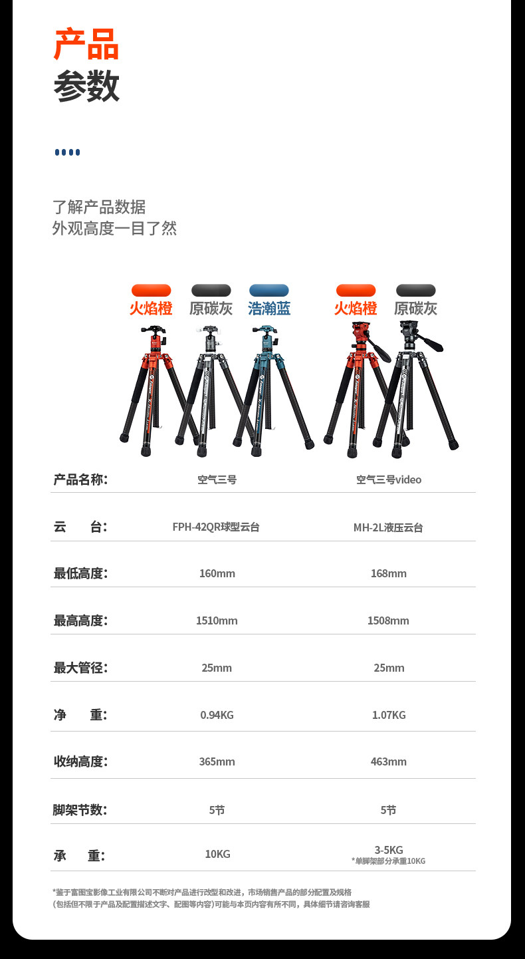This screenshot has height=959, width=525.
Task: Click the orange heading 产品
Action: pyautogui.click(x=86, y=45)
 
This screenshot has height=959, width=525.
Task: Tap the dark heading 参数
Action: pyautogui.click(x=86, y=86)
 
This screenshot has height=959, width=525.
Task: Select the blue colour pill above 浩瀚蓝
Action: pyautogui.click(x=269, y=291)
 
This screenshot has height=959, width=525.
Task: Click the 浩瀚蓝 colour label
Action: pyautogui.click(x=269, y=309)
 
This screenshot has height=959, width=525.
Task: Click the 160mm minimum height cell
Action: pyautogui.click(x=217, y=573)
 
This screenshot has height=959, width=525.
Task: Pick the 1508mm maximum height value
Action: pyautogui.click(x=388, y=620)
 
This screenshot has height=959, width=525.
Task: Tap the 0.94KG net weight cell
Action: pyautogui.click(x=217, y=715)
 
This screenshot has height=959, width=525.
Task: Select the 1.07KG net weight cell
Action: pyautogui.click(x=389, y=715)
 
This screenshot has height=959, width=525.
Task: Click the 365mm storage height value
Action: pyautogui.click(x=217, y=761)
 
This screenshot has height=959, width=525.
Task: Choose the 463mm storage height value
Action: pyautogui.click(x=389, y=761)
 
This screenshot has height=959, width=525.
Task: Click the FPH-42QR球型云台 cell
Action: pyautogui.click(x=216, y=527)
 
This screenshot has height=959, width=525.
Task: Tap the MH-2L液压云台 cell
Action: pyautogui.click(x=388, y=527)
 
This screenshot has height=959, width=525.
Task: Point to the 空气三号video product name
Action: pyautogui.click(x=389, y=479)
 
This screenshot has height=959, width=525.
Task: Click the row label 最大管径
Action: pyautogui.click(x=80, y=668)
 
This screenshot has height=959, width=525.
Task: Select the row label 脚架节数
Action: pyautogui.click(x=80, y=810)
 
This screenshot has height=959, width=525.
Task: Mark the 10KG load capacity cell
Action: pyautogui.click(x=217, y=854)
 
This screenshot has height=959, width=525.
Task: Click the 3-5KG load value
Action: pyautogui.click(x=389, y=850)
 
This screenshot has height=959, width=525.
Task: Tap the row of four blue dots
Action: pyautogui.click(x=67, y=152)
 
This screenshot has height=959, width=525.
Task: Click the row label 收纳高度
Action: pyautogui.click(x=80, y=761)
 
